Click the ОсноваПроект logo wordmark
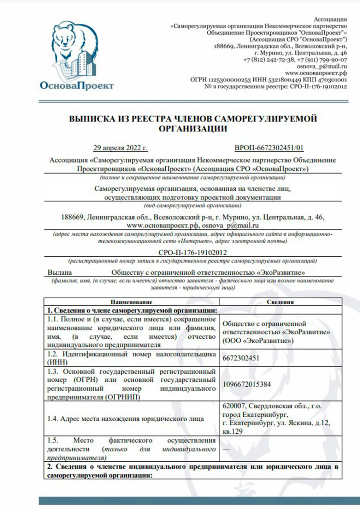coord(77,86)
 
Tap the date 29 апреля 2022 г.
coord(120,148)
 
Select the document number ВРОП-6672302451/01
coord(269,148)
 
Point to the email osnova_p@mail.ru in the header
coord(322,66)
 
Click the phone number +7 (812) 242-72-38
coord(269,60)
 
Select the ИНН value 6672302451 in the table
coord(241,358)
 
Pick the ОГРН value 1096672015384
coord(247,384)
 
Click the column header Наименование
coord(131,302)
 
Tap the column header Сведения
coord(280,302)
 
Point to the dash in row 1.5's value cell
coord(226,449)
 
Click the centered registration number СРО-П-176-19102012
coord(193,252)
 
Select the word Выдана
coord(60,273)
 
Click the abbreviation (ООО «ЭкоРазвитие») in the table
coord(258,341)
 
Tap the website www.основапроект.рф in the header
coord(316,73)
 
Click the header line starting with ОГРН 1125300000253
coord(268,80)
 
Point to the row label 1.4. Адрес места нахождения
coord(125,419)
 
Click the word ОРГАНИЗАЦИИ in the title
coord(193,129)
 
